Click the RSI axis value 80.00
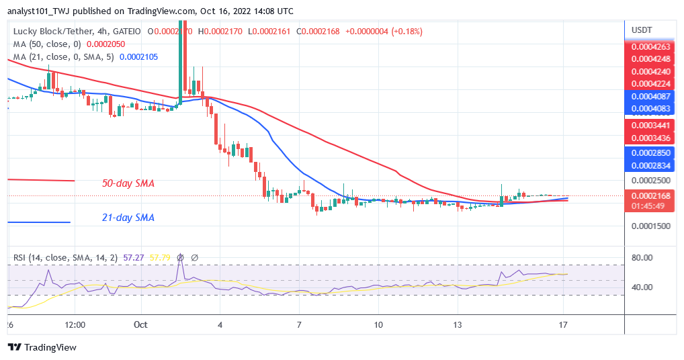click(643, 258)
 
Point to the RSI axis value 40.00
click(643, 287)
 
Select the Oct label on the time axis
click(140, 324)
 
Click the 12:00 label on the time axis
click(75, 324)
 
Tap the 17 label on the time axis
click(564, 324)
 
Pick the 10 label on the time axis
click(378, 324)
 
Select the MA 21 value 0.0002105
click(138, 56)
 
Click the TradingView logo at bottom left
click(42, 347)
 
